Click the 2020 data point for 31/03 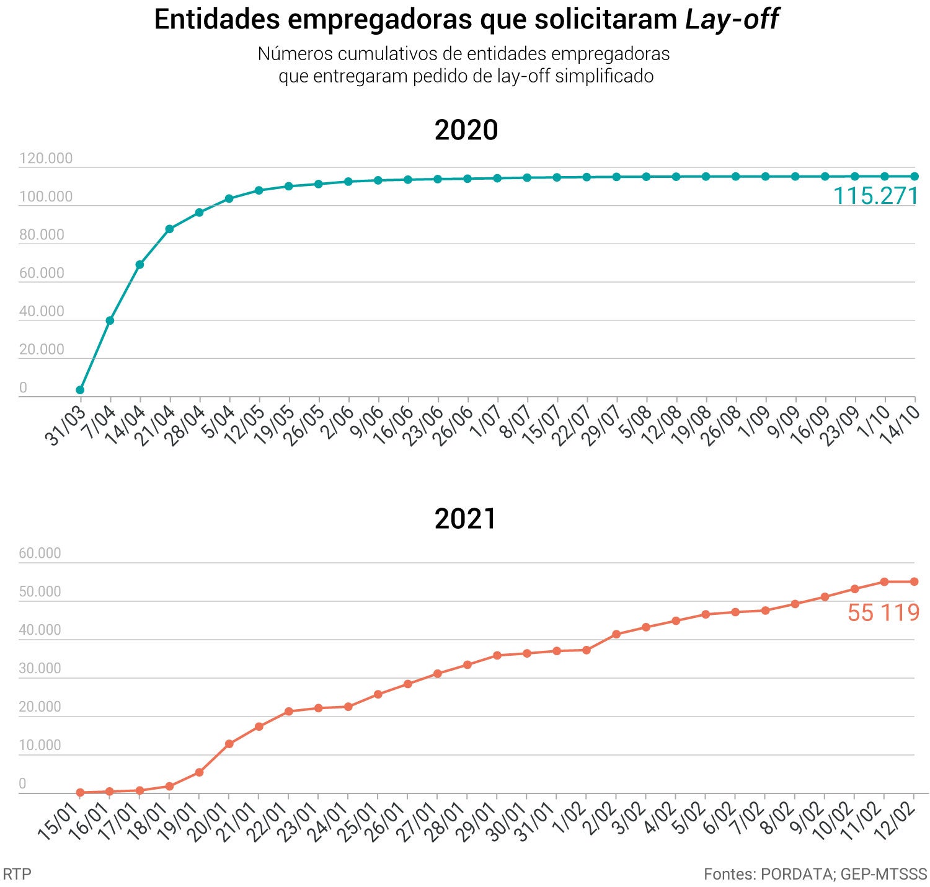[x=80, y=390]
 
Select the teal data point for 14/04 [x=139, y=265]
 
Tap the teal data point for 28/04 [x=199, y=213]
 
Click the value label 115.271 [x=875, y=196]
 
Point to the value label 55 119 [x=883, y=612]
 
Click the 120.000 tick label [x=46, y=159]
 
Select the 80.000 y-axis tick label [x=42, y=235]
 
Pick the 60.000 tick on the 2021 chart [x=40, y=553]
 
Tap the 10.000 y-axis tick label [x=40, y=745]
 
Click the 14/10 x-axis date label [x=899, y=425]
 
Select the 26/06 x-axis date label [x=452, y=426]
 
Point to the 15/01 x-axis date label [x=58, y=821]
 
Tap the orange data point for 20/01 [x=229, y=744]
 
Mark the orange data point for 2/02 [x=616, y=634]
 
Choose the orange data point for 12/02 [x=914, y=581]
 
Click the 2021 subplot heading [x=466, y=519]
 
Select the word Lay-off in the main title [x=732, y=20]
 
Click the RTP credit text [x=17, y=874]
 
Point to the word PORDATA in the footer [x=797, y=874]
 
